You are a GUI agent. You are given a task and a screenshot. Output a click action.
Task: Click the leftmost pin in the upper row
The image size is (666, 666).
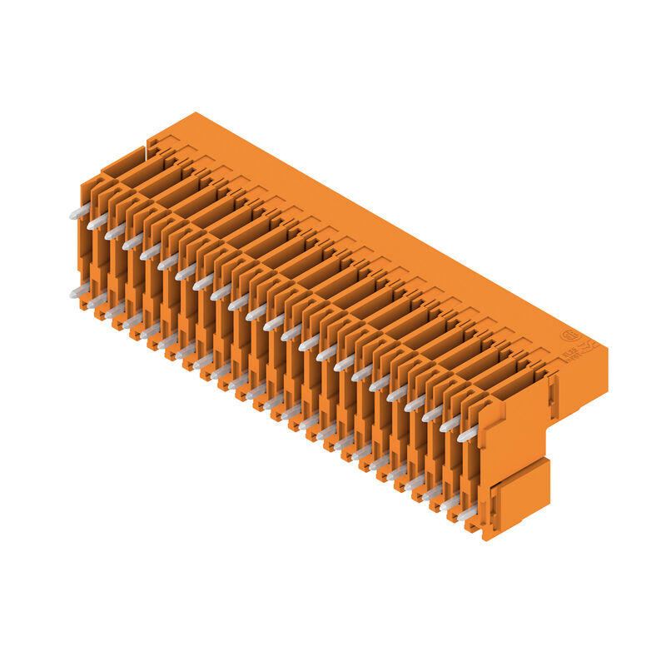[x=78, y=213]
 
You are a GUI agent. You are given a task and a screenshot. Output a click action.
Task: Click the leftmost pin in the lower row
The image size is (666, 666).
[x=78, y=291]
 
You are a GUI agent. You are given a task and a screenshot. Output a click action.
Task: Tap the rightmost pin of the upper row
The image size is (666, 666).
[x=468, y=434]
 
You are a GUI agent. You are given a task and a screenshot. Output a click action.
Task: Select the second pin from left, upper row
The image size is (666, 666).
[x=97, y=222]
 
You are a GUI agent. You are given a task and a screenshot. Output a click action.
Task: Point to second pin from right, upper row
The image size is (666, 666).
[x=450, y=423]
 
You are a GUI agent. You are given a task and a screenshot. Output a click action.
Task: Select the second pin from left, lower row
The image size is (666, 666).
[x=97, y=301]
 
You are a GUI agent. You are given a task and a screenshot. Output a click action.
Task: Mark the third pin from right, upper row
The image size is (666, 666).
[x=433, y=413]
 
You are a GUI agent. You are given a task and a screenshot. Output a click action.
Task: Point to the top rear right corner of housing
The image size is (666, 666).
[x=606, y=347]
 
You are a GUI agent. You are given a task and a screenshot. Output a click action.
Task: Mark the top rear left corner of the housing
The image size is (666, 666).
[x=195, y=113]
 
